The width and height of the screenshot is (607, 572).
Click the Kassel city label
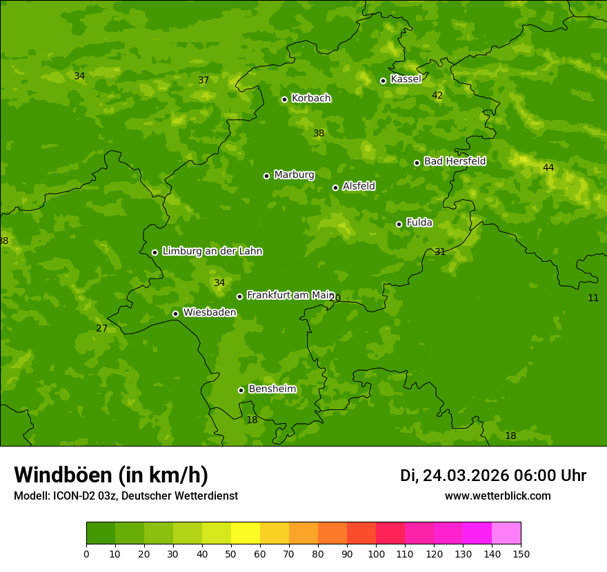tap(406, 79)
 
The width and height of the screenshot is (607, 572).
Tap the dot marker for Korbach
tap(284, 99)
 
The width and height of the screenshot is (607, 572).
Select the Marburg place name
tap(294, 175)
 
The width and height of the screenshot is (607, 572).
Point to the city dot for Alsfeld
tap(335, 187)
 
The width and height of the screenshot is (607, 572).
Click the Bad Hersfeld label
tap(455, 161)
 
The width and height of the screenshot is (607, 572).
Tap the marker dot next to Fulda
tap(399, 224)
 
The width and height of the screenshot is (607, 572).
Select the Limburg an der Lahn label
tap(212, 252)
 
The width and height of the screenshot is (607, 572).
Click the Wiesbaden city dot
tap(175, 314)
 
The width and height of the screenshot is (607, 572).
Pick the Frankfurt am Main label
tap(290, 295)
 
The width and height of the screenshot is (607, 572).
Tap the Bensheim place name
tap(272, 389)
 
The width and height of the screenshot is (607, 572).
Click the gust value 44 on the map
tap(548, 167)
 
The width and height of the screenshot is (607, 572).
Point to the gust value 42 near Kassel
tap(437, 95)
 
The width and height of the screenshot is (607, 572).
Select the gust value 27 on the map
tap(101, 328)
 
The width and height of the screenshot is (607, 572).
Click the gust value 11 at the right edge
tap(593, 298)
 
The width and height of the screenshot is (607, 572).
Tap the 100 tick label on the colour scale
tap(376, 553)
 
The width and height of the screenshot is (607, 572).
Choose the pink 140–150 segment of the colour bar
tap(506, 533)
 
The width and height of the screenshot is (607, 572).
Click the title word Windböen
tap(63, 475)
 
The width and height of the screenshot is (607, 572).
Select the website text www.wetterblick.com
tap(497, 496)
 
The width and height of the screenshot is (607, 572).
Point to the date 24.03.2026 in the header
tap(466, 476)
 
